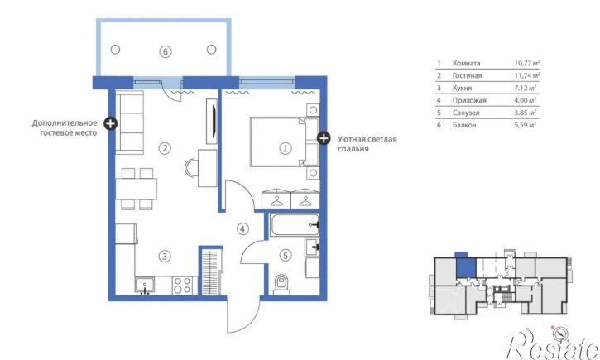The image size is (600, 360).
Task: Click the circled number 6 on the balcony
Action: (x=166, y=51)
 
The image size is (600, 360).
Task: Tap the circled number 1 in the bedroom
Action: (x=285, y=148)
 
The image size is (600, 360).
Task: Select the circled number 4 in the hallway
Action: (x=242, y=228)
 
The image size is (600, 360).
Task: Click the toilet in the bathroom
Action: (x=281, y=285)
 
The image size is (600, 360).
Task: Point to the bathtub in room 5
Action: (x=295, y=225)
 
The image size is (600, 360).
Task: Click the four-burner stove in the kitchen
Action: (x=182, y=285)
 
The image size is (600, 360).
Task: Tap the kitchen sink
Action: (x=145, y=286)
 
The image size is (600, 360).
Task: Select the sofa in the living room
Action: (x=130, y=122)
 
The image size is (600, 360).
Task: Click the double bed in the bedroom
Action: (x=285, y=142)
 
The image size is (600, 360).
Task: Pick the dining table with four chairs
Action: (x=137, y=189)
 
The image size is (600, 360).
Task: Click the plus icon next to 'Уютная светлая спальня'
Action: (x=324, y=138)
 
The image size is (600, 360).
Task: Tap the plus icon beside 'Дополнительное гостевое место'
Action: (x=111, y=123)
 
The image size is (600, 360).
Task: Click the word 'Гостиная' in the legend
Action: (x=467, y=75)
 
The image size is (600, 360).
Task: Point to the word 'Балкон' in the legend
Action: (x=464, y=125)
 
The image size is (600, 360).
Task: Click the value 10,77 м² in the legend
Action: (x=526, y=63)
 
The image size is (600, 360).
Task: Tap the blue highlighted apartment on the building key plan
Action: (x=466, y=267)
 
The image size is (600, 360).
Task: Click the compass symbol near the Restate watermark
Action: (x=560, y=334)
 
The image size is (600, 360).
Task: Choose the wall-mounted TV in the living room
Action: (x=212, y=122)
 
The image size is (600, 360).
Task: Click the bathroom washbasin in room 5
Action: (x=312, y=247)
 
